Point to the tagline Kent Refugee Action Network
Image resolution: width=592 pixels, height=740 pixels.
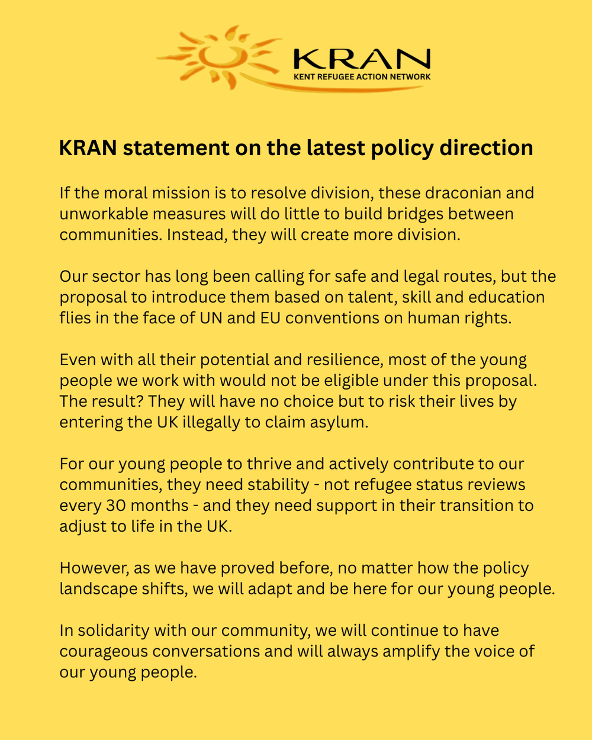(362, 76)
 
